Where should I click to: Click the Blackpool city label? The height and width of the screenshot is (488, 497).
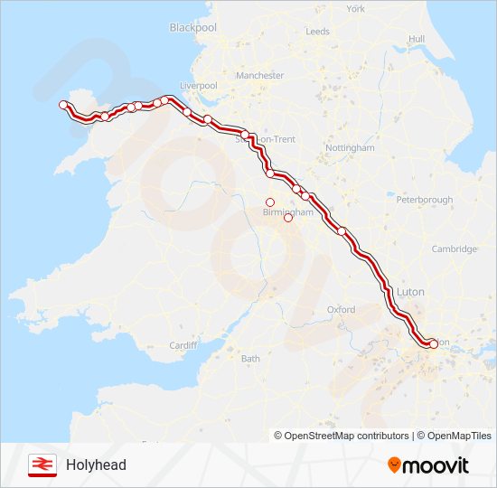[193, 28]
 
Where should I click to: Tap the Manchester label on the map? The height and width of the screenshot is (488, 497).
[259, 76]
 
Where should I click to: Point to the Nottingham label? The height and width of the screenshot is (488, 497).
[349, 147]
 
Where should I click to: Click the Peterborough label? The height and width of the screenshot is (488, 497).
[424, 199]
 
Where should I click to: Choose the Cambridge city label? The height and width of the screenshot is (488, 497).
[454, 249]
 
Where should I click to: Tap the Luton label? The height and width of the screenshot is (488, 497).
[410, 292]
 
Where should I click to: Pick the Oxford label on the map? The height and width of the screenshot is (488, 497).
[341, 309]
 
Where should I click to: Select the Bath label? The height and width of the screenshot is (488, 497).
[250, 359]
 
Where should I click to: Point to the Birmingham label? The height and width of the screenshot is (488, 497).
[286, 211]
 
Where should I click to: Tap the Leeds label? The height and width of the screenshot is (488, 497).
[317, 31]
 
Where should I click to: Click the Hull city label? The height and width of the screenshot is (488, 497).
[416, 39]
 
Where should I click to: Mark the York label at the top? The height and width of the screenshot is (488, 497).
[355, 8]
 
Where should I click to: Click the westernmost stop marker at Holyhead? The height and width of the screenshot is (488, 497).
[63, 105]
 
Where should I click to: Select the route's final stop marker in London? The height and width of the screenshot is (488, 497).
[433, 343]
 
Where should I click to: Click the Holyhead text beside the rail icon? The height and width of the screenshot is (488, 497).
[96, 465]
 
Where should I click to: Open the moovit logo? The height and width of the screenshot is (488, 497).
[428, 465]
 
